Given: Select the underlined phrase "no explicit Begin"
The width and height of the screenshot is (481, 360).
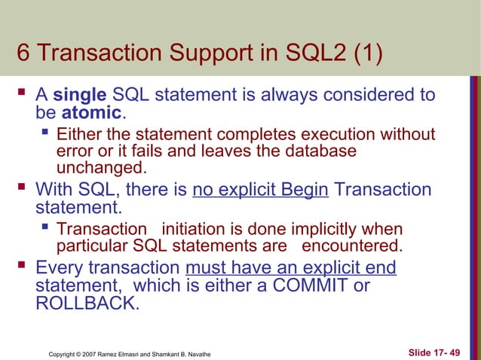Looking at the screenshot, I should [260, 190].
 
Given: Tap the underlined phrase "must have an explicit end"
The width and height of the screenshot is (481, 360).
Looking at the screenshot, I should [290, 269].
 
